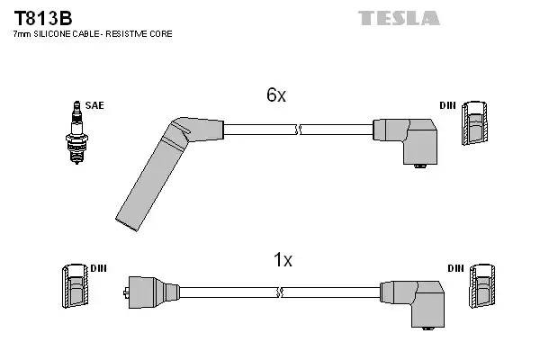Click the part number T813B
(x=41, y=17)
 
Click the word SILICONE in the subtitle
(x=57, y=33)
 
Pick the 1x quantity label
(x=283, y=260)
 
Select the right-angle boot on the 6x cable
(x=409, y=139)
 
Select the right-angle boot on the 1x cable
(x=414, y=301)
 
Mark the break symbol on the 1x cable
(x=282, y=292)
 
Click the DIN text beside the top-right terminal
(x=447, y=105)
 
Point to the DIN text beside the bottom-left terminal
(x=98, y=268)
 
